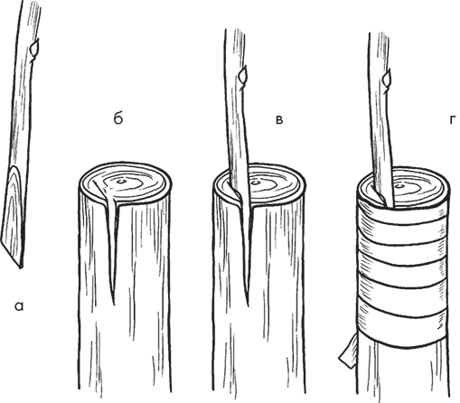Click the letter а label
pyautogui.click(x=19, y=306)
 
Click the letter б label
pyautogui.click(x=118, y=118)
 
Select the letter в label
pyautogui.click(x=279, y=120)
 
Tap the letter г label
pyautogui.click(x=452, y=120)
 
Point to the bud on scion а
pyautogui.click(x=34, y=48)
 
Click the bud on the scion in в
pyautogui.click(x=243, y=75)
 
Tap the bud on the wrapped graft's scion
pyautogui.click(x=387, y=78)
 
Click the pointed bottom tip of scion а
pyautogui.click(x=20, y=267)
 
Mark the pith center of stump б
pyautogui.click(x=121, y=182)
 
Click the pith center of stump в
pyautogui.click(x=256, y=183)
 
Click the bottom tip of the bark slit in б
pyautogui.click(x=114, y=305)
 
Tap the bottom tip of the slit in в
pyautogui.click(x=249, y=305)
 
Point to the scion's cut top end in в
pyautogui.click(x=234, y=30)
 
